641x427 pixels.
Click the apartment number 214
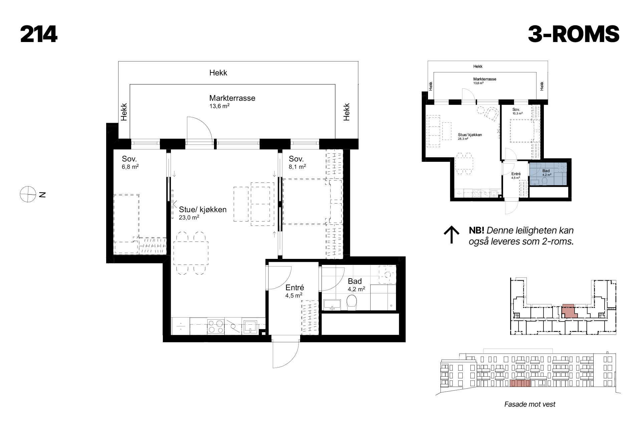[39, 35]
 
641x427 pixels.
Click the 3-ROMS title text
[574, 35]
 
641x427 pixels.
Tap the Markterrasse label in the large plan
[232, 98]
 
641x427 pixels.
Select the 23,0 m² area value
[189, 217]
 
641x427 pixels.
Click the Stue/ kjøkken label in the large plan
[203, 209]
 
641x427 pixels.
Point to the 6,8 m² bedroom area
[130, 166]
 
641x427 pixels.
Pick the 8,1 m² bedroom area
[297, 166]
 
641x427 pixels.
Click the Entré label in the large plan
[294, 288]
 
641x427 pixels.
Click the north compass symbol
[27, 194]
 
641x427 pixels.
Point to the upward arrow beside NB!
[451, 235]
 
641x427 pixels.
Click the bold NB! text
[476, 231]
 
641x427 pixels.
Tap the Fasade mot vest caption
[530, 404]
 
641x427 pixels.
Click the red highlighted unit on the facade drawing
[520, 384]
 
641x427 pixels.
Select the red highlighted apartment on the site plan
[569, 311]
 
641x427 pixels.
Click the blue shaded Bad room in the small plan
[549, 174]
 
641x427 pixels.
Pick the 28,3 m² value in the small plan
[463, 139]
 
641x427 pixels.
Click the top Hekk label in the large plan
[218, 73]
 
